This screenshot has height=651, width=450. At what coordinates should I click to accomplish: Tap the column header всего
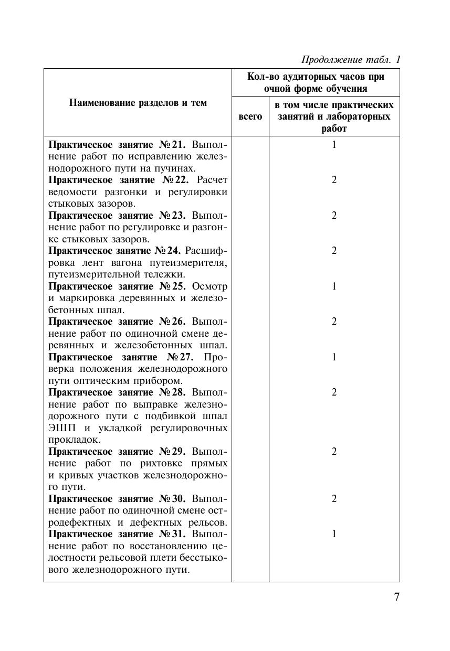tap(250, 116)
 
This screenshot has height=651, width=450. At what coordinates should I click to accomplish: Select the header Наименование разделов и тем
tap(138, 103)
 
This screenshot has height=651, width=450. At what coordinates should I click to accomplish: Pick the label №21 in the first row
tap(171, 144)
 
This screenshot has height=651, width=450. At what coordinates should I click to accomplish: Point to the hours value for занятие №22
tap(334, 180)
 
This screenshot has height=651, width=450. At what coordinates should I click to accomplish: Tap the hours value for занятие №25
tap(334, 286)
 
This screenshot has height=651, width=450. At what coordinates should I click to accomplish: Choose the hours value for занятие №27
tap(334, 357)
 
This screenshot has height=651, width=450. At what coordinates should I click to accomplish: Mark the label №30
tap(171, 499)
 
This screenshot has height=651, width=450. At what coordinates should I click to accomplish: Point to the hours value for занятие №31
tap(334, 534)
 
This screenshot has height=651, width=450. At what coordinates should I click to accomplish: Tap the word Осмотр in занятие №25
tap(210, 286)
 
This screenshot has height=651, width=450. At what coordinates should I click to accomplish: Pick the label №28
tap(171, 392)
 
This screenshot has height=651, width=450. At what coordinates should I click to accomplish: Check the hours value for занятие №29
tap(334, 452)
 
